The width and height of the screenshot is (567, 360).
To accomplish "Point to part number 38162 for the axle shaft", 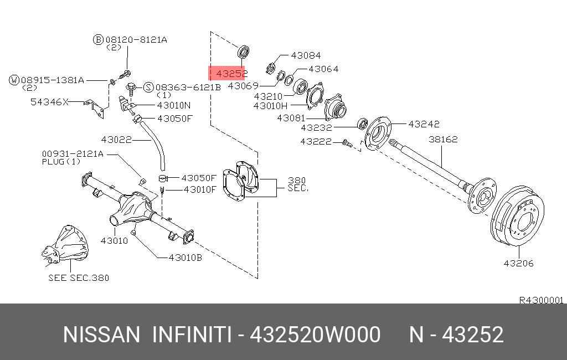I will point(443,140).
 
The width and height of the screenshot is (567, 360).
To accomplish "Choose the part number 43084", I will point(305,55).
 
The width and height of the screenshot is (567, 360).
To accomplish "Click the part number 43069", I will point(244,86).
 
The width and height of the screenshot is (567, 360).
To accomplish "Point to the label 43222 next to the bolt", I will point(316,142).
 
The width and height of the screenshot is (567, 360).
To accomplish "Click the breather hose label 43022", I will point(116,140).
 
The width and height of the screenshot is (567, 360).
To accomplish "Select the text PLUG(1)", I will point(61,162).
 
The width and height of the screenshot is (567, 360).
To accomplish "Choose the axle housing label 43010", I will point(115,240).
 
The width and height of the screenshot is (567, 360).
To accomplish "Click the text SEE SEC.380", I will point(79,277).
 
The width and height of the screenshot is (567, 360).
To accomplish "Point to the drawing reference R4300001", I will point(540,300).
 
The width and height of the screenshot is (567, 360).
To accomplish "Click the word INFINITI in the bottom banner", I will point(190,335).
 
